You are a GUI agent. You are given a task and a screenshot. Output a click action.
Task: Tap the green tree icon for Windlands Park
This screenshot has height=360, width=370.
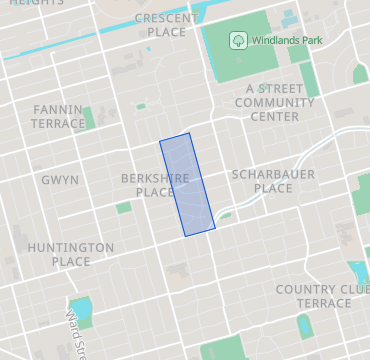tap(238, 40)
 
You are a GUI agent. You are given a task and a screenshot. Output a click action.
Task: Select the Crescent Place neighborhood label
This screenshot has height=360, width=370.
tap(160, 25)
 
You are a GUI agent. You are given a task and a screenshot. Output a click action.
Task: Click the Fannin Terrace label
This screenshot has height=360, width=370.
tap(59, 116)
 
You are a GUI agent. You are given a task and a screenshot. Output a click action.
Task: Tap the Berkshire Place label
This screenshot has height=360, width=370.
tap(148, 185)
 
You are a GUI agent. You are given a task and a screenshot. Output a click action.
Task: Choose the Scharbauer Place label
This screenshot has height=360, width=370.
tap(272, 181)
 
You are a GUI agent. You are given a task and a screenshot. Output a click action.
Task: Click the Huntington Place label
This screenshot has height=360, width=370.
tap(71, 254)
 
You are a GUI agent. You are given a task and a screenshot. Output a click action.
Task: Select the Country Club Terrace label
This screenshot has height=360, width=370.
tap(323, 296)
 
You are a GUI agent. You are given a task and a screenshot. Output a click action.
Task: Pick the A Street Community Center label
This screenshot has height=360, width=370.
tap(272, 102)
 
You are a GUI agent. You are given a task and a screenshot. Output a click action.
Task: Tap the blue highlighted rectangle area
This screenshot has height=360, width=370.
tap(187, 185)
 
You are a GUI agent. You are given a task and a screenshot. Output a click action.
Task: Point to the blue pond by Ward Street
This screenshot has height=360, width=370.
tap(80, 306)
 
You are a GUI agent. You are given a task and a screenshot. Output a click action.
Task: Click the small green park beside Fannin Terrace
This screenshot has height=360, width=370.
tap(90, 118)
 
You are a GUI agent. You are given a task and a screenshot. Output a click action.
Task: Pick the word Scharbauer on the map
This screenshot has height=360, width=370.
tap(272, 174)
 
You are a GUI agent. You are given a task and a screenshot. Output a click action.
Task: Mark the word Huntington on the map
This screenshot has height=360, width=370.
tap(71, 247)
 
